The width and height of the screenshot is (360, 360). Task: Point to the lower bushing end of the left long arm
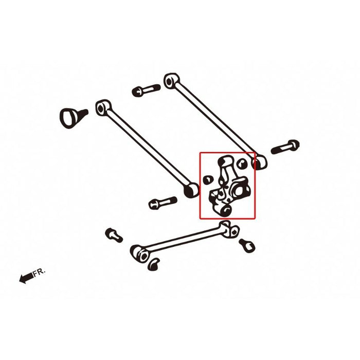(191, 190)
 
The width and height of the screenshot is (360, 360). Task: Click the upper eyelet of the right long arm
(171, 81)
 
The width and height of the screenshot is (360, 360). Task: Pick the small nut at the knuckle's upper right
(243, 162)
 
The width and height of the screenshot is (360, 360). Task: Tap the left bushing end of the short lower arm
(139, 253)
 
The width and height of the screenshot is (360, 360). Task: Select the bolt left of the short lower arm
(114, 236)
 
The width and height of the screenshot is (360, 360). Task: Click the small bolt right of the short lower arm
(247, 245)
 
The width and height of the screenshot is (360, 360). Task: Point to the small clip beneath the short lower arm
(153, 264)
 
